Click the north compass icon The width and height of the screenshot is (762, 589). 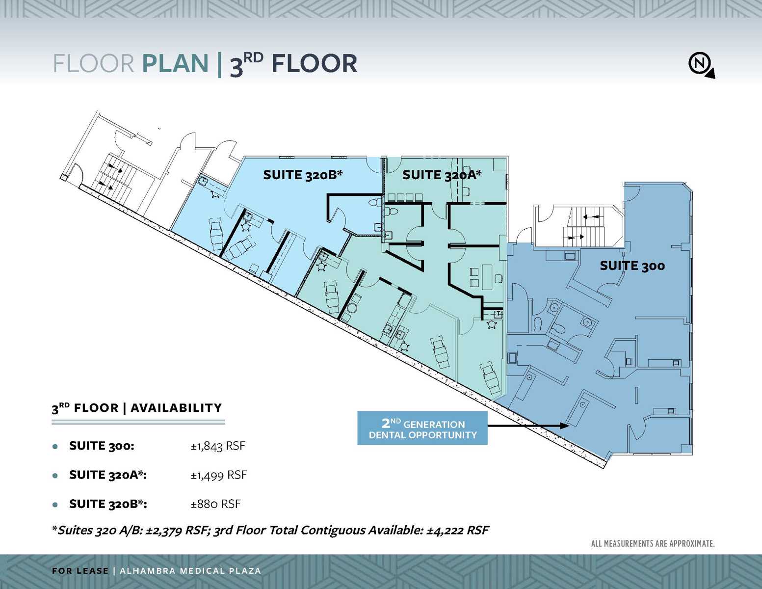700,64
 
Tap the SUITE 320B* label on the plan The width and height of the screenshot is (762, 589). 302,175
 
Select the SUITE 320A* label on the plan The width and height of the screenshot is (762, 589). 442,175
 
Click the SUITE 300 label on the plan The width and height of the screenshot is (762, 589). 632,266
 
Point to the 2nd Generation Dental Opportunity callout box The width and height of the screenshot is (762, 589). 422,428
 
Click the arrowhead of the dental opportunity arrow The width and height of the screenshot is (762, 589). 565,426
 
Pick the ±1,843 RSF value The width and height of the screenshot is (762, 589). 218,446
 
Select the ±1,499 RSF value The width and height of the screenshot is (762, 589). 219,475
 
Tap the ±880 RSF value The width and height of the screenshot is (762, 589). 216,504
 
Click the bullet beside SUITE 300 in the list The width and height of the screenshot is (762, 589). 55,447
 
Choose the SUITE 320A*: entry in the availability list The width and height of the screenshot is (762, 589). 108,475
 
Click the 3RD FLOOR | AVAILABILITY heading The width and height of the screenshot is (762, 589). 137,408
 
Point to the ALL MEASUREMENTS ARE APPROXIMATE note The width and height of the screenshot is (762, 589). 653,544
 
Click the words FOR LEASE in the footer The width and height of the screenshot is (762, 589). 80,571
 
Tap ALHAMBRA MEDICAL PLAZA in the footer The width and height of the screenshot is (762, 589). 190,571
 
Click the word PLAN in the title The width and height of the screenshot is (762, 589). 175,64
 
